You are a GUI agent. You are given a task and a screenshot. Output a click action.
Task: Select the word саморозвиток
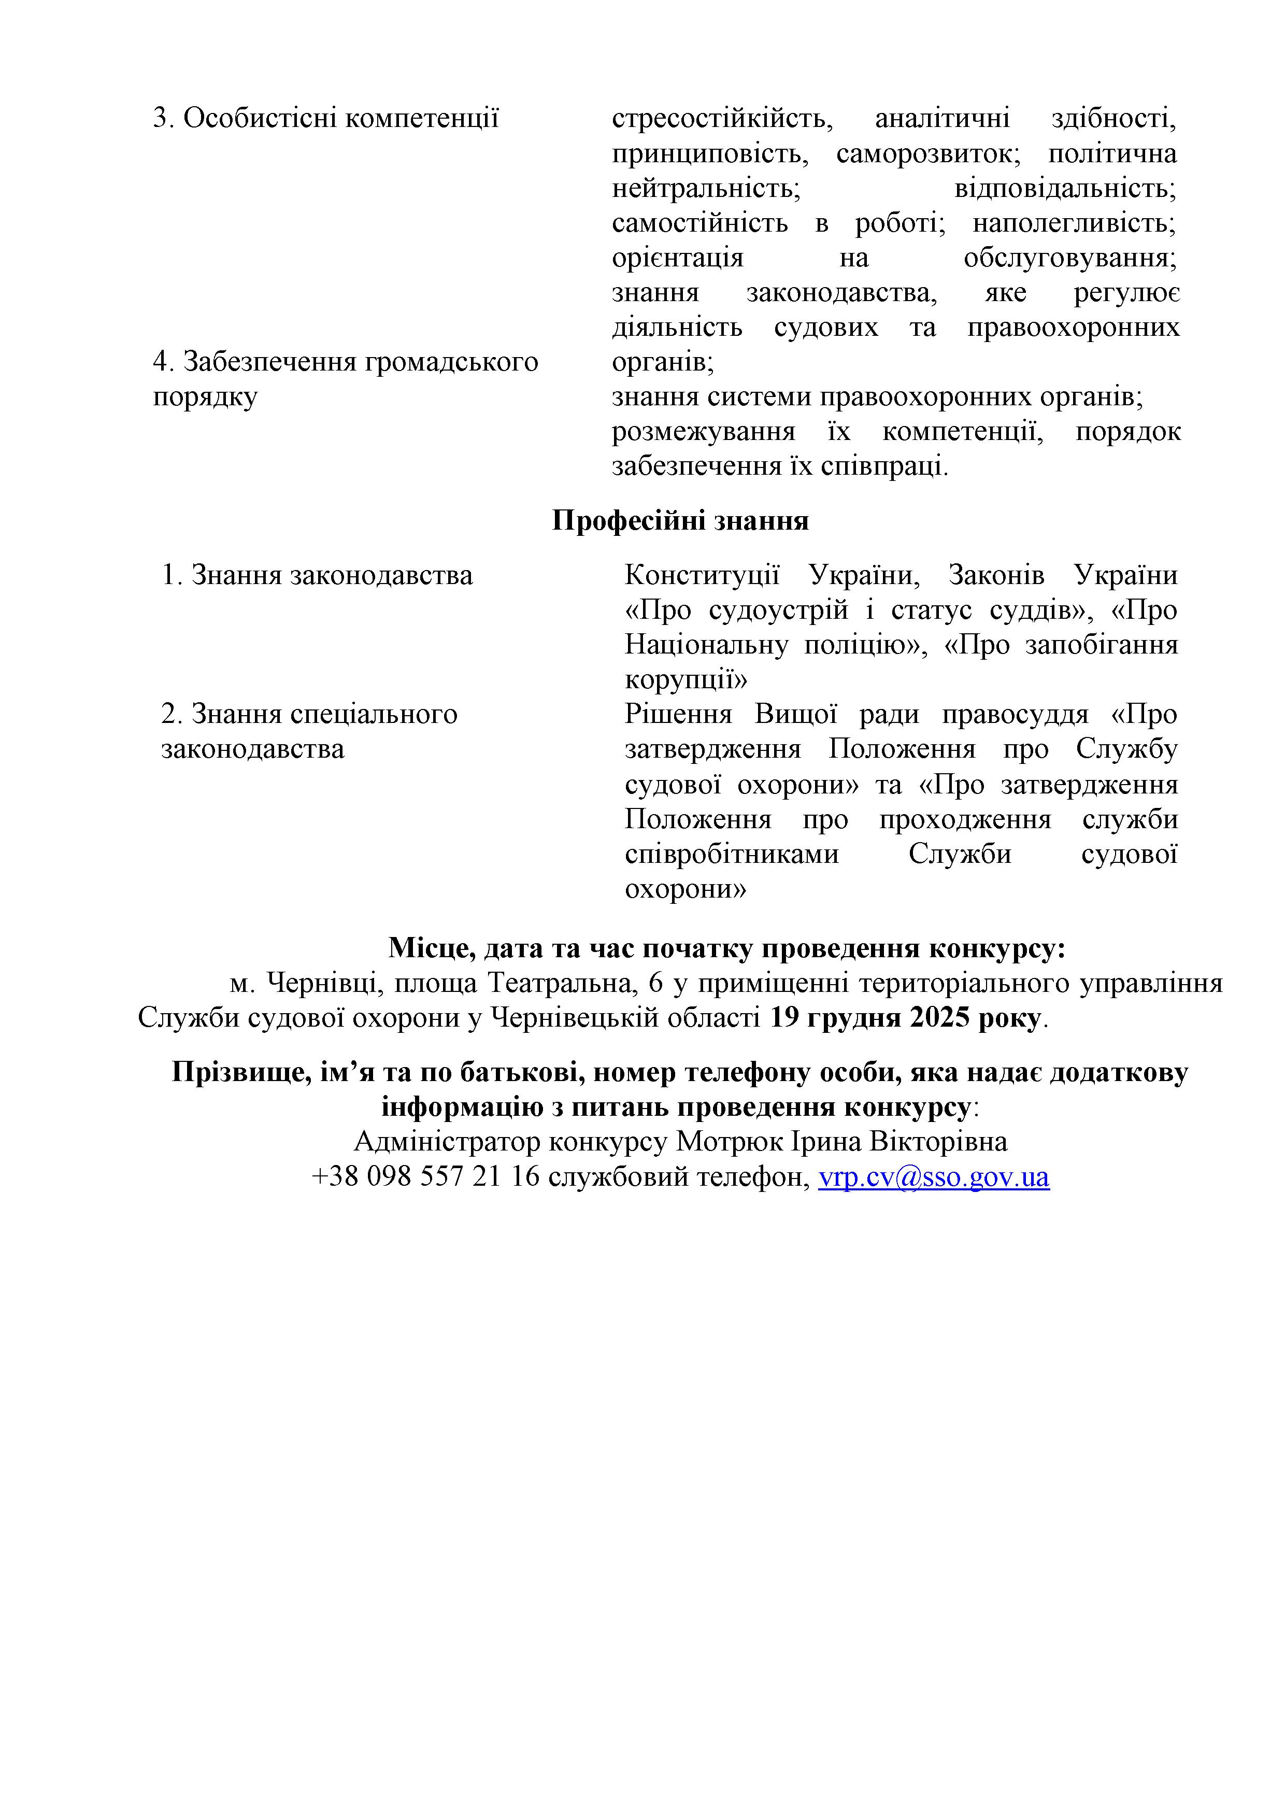point(928,153)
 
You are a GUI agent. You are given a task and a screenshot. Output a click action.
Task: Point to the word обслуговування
point(1069,258)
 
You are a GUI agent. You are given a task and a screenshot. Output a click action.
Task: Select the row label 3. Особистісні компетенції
point(325,119)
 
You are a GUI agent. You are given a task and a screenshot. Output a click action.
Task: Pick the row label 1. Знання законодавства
point(317,576)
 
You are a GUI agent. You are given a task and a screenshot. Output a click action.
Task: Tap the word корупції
point(686,680)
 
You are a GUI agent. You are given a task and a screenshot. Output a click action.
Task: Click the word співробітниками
point(732,855)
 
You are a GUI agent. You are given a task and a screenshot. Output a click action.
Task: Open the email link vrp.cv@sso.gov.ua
point(934,1178)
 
